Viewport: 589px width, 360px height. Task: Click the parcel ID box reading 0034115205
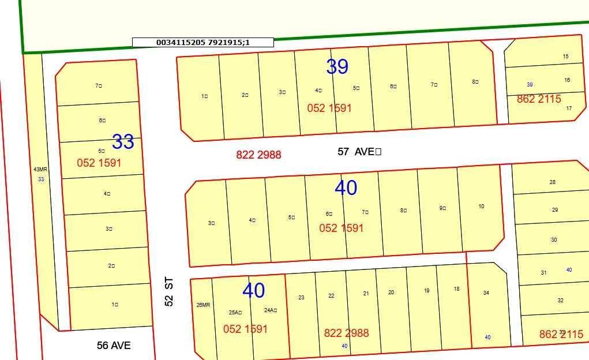pos(202,42)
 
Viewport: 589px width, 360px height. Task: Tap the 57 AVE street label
pos(358,152)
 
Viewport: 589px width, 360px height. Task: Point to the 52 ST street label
pos(169,292)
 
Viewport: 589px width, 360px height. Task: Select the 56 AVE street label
pos(114,346)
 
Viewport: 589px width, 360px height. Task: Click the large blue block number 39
pos(337,67)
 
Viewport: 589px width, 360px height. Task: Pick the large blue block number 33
pos(123,141)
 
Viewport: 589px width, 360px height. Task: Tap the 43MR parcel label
pos(40,170)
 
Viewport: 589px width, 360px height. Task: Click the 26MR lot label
pos(203,305)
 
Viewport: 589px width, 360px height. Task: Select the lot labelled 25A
pos(235,313)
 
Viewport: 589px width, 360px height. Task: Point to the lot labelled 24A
pos(270,310)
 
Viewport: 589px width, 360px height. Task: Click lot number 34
pos(486,293)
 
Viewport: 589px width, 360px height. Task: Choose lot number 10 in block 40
pos(481,207)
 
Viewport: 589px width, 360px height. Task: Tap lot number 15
pos(565,57)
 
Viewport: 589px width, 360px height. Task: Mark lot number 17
pos(569,108)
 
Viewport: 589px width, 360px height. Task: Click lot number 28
pos(553,182)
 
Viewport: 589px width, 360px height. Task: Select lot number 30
pos(554,240)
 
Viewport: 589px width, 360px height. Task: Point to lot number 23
pos(301,298)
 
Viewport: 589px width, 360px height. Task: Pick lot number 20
pos(391,292)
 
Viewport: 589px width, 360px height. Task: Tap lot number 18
pos(456,289)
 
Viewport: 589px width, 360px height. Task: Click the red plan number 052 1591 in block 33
pos(99,163)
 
